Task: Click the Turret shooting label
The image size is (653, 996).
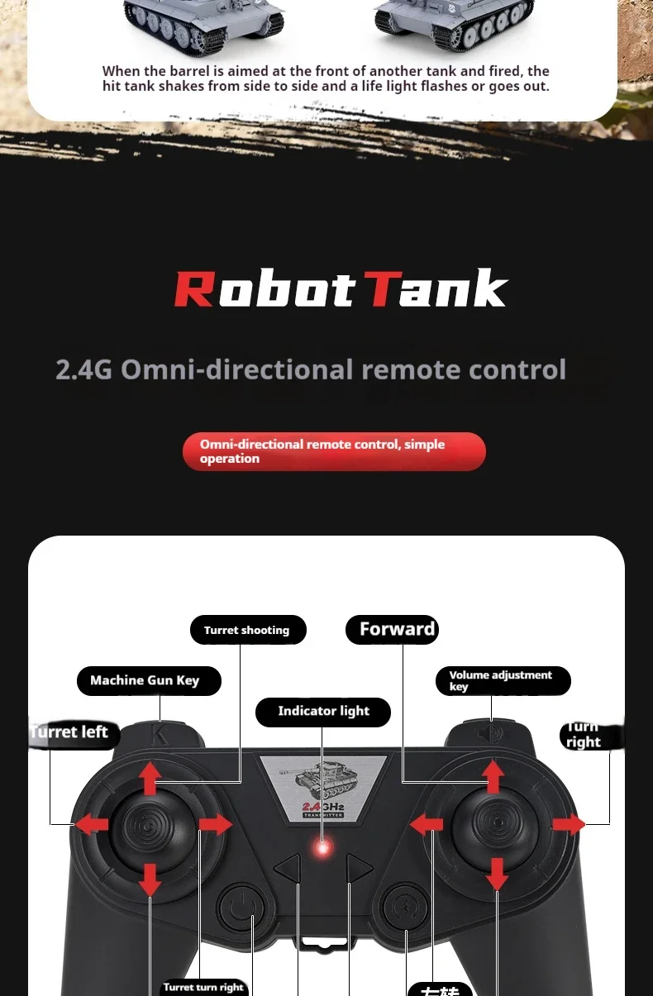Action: (x=247, y=630)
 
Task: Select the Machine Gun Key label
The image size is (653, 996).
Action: (x=149, y=680)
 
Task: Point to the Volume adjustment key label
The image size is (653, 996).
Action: (x=503, y=680)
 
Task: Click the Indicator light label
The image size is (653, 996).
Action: (x=322, y=711)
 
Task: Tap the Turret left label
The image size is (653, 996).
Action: (x=73, y=732)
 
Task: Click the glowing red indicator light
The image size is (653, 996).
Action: (x=323, y=847)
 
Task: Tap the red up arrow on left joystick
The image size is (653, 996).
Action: (x=150, y=778)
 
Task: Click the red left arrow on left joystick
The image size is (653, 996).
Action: (x=92, y=823)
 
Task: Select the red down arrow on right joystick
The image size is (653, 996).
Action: (x=496, y=873)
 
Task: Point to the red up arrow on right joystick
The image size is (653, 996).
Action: (x=493, y=776)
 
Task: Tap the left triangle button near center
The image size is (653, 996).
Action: (x=288, y=869)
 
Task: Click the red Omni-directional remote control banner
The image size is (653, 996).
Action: (x=334, y=451)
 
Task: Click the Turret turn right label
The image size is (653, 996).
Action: (x=203, y=987)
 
